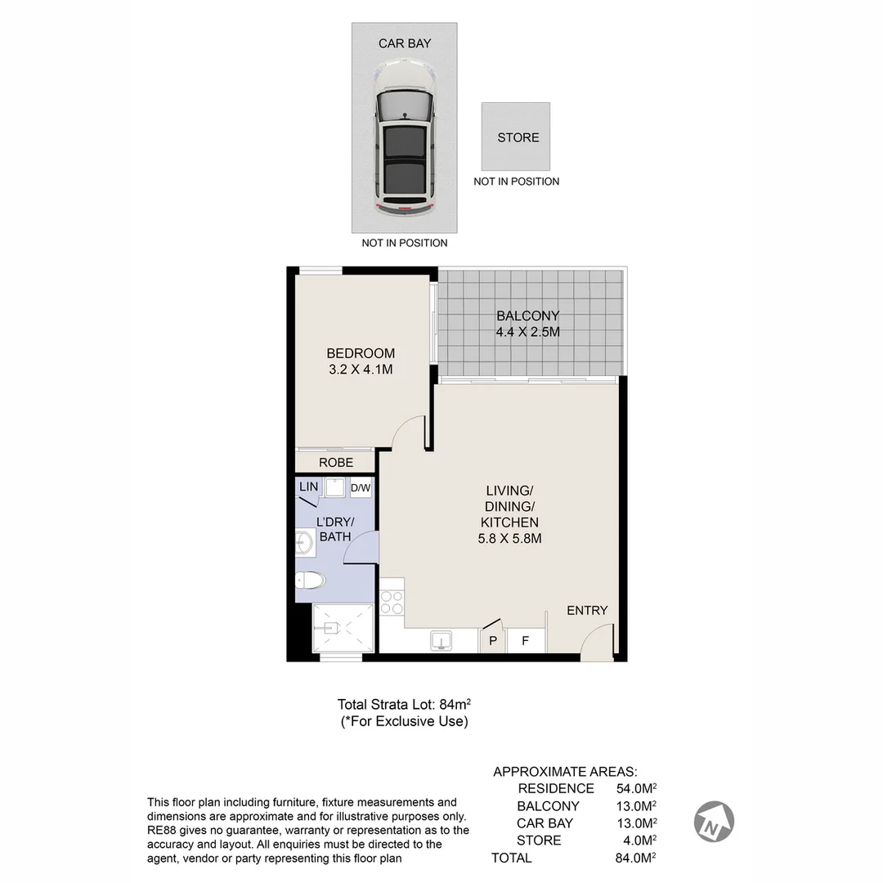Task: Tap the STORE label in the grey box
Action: (518, 137)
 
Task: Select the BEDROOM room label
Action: (361, 353)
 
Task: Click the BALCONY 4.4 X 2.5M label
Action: (527, 324)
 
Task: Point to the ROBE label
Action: (336, 463)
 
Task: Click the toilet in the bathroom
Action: (311, 581)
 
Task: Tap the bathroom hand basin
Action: (303, 540)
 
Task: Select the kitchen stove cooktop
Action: (392, 602)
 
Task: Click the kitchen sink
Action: (441, 640)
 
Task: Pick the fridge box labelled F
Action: (526, 641)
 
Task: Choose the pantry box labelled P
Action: (492, 641)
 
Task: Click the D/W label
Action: (361, 488)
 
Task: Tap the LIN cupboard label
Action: (308, 486)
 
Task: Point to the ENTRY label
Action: (587, 610)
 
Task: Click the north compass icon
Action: (714, 821)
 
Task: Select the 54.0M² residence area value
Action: (637, 789)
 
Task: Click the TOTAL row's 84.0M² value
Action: (637, 858)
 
